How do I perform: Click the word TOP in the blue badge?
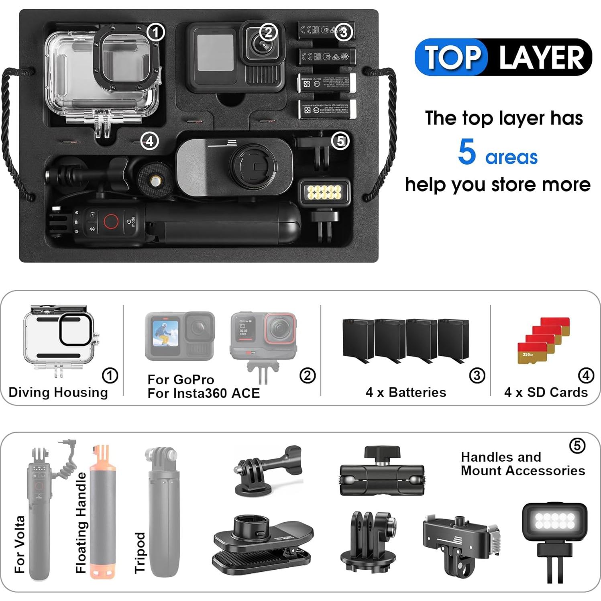click(x=452, y=57)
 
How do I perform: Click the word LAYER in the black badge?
click(x=541, y=57)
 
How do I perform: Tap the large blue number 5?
click(x=467, y=152)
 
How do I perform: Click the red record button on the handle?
click(x=111, y=221)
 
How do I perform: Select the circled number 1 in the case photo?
click(x=156, y=32)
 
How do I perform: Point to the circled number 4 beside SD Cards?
click(x=586, y=375)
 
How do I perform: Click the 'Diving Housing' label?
click(x=58, y=392)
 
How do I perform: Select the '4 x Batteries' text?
click(x=406, y=392)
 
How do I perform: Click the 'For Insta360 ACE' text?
click(x=204, y=393)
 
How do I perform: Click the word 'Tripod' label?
click(x=139, y=552)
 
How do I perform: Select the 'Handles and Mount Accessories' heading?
click(x=523, y=464)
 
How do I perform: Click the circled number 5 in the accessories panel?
click(x=577, y=445)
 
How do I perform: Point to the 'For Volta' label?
click(x=19, y=544)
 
